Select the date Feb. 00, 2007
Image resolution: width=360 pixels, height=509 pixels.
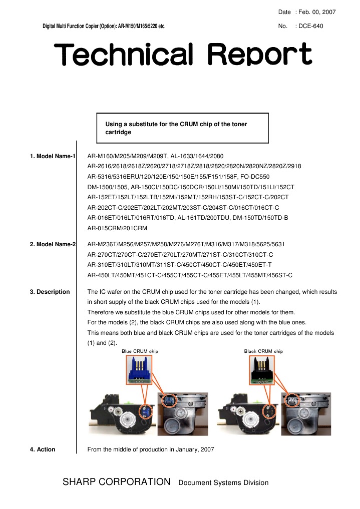tap(316, 12)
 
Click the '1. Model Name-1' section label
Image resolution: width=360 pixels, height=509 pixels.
tap(53, 157)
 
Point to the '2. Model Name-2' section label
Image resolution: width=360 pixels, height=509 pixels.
tap(53, 244)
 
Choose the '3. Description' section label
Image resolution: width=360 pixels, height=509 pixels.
tap(50, 292)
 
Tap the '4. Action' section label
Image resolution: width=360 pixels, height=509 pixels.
tap(43, 449)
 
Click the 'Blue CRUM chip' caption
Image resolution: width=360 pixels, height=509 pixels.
tap(140, 351)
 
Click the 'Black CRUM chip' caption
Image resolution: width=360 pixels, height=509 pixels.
tap(263, 351)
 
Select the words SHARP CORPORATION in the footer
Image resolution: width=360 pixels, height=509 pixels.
tap(116, 482)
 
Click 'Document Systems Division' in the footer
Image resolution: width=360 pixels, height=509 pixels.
tap(223, 483)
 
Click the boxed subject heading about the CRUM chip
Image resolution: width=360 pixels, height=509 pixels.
tap(182, 128)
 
